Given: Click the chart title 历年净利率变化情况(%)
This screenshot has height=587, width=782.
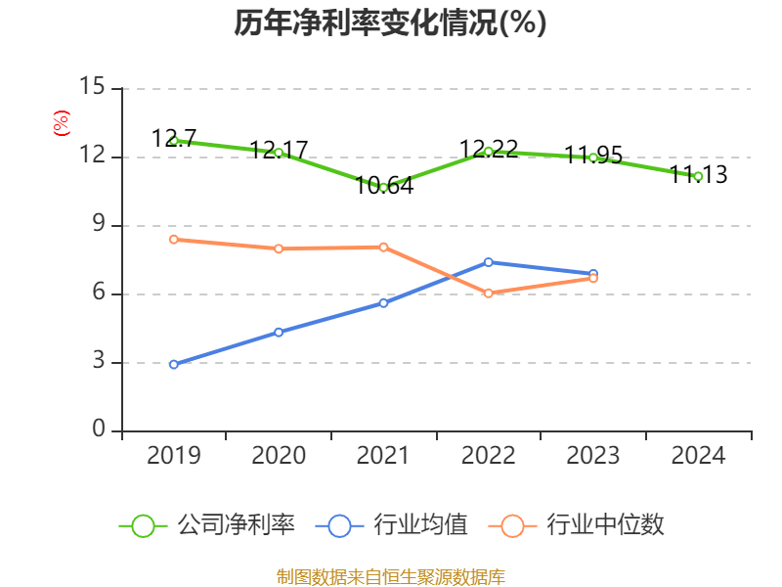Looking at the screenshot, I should point(390,23).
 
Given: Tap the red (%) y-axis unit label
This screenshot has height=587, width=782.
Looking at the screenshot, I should point(61,123).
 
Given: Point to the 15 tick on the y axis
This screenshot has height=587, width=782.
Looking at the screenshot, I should point(92,88).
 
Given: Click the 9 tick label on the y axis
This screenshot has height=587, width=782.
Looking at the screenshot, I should point(98,225).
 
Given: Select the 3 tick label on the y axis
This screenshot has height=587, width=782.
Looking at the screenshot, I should point(98,363).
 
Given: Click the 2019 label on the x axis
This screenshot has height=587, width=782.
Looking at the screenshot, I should point(173,455).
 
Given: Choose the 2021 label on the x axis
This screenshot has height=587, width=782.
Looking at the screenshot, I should point(383,455).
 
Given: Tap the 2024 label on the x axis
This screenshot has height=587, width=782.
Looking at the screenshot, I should point(698,455).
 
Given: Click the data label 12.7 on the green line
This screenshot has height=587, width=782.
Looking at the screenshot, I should point(174,139).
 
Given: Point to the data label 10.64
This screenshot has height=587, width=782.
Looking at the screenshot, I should point(383,185).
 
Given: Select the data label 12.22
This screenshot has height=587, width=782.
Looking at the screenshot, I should point(489,149).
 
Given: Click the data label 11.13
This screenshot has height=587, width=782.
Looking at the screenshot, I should point(698,174).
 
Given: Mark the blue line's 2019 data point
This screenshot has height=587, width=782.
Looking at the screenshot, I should point(173,365).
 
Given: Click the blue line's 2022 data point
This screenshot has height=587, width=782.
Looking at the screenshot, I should point(489,261).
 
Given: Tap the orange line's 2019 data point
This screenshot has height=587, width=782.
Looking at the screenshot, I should point(173,239).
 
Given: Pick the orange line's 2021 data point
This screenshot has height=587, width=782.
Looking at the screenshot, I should point(383,247).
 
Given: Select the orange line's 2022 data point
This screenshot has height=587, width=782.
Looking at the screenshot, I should point(489,293).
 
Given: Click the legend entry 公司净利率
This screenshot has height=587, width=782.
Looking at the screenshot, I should point(207,525).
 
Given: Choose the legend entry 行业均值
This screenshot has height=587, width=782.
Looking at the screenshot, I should point(392,525).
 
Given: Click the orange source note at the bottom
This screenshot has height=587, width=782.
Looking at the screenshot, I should point(390,576).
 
